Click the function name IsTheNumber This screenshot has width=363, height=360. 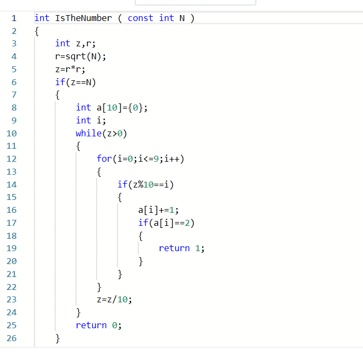(x=84, y=18)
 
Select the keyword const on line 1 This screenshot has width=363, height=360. (x=141, y=18)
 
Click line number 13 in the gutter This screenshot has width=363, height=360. (x=11, y=172)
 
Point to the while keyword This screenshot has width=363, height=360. (x=88, y=133)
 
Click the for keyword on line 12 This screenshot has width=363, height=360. (x=104, y=159)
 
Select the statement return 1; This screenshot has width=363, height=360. (x=181, y=248)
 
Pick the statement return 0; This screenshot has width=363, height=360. (x=99, y=326)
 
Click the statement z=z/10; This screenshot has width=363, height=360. (x=114, y=300)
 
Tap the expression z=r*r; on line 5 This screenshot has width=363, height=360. (x=70, y=69)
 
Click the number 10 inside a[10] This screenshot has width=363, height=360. (x=112, y=108)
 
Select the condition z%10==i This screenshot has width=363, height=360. (x=150, y=185)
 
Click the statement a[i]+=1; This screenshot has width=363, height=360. (x=159, y=210)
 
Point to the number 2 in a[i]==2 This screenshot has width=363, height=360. (x=187, y=223)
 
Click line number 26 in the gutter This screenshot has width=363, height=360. (x=11, y=338)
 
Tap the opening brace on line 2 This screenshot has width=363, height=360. (x=37, y=31)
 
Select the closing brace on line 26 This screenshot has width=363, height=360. (x=57, y=338)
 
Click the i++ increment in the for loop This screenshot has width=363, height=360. (x=172, y=159)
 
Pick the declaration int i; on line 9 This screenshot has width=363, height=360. (x=91, y=120)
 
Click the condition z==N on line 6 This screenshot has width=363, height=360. (x=81, y=82)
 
